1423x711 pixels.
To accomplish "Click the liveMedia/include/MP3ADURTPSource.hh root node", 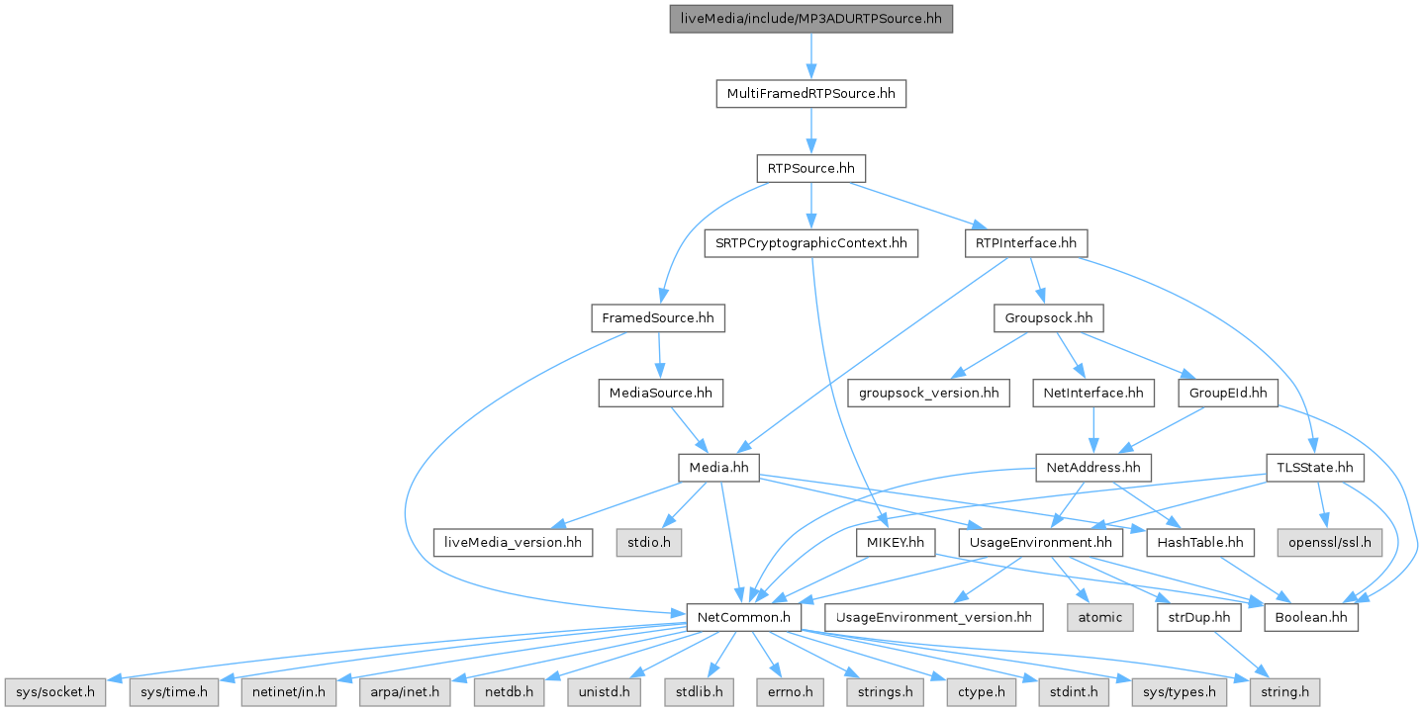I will [x=810, y=19].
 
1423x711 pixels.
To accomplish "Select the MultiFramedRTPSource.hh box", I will [x=810, y=94].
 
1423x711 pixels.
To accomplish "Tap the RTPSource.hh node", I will [x=810, y=168].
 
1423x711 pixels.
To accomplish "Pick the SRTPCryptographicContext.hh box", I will [x=810, y=243].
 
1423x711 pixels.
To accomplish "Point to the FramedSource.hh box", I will [x=658, y=318].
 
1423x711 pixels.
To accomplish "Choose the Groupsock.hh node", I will [x=1048, y=318].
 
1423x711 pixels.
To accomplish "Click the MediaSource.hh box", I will [x=658, y=393].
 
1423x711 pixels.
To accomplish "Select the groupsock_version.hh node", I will [x=928, y=393].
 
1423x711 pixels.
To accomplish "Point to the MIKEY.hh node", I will [x=895, y=542].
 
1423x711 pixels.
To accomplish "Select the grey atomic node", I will [x=1099, y=617].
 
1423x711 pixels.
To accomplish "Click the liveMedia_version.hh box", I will [x=514, y=542].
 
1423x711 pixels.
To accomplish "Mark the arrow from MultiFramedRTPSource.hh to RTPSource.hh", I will [x=810, y=131].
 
